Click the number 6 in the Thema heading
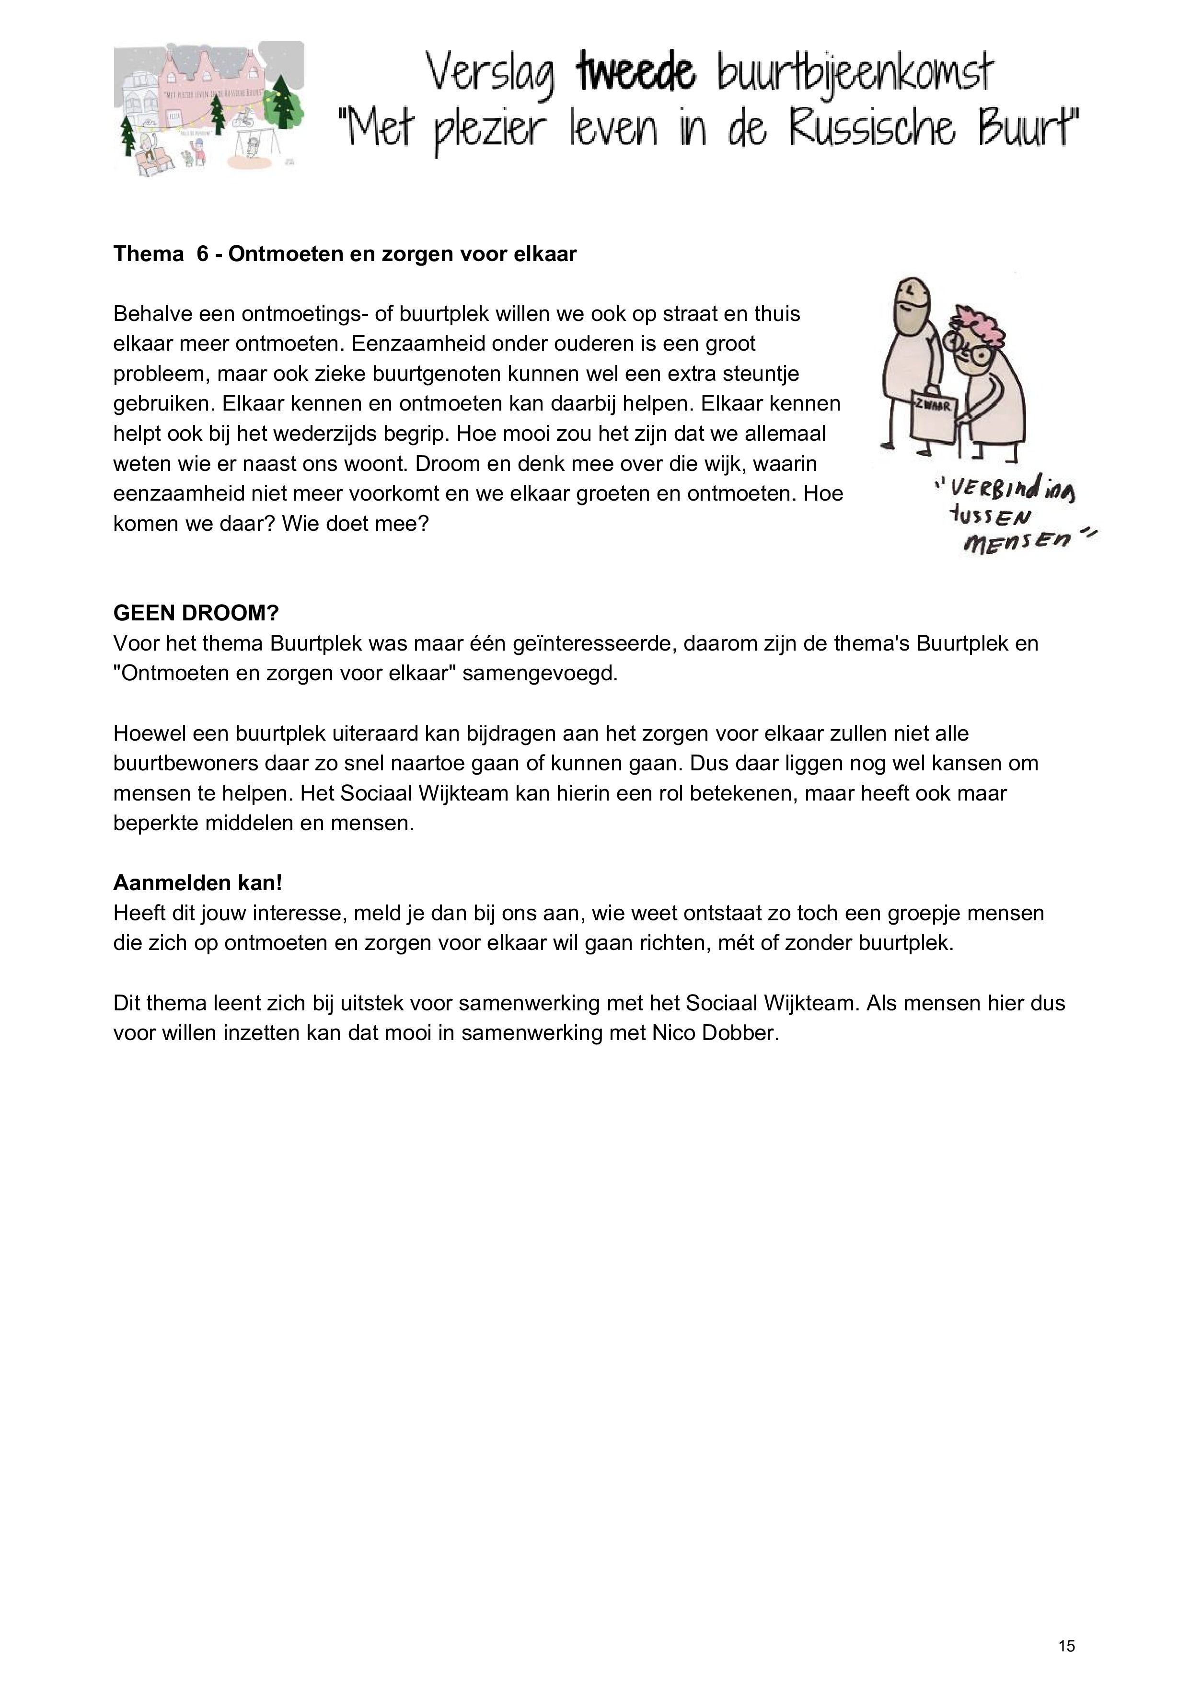click(x=202, y=254)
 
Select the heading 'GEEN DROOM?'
click(x=196, y=613)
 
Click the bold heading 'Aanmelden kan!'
click(x=197, y=882)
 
